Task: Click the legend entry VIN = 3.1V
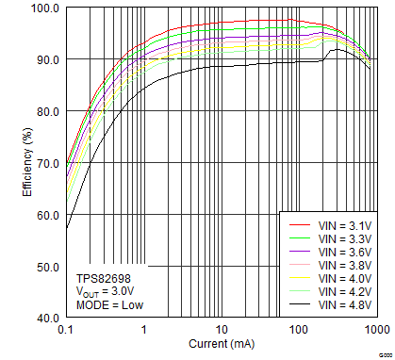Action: tap(343, 226)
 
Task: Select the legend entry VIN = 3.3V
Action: tap(343, 239)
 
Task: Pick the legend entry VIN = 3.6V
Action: tap(343, 253)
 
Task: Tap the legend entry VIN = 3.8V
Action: tap(343, 266)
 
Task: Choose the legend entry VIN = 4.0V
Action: tap(343, 279)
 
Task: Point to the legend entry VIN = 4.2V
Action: tap(343, 292)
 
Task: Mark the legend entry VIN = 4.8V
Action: tap(343, 305)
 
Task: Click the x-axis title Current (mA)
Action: tap(221, 344)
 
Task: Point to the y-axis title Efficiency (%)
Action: tap(27, 163)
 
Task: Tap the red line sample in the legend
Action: tap(299, 226)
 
